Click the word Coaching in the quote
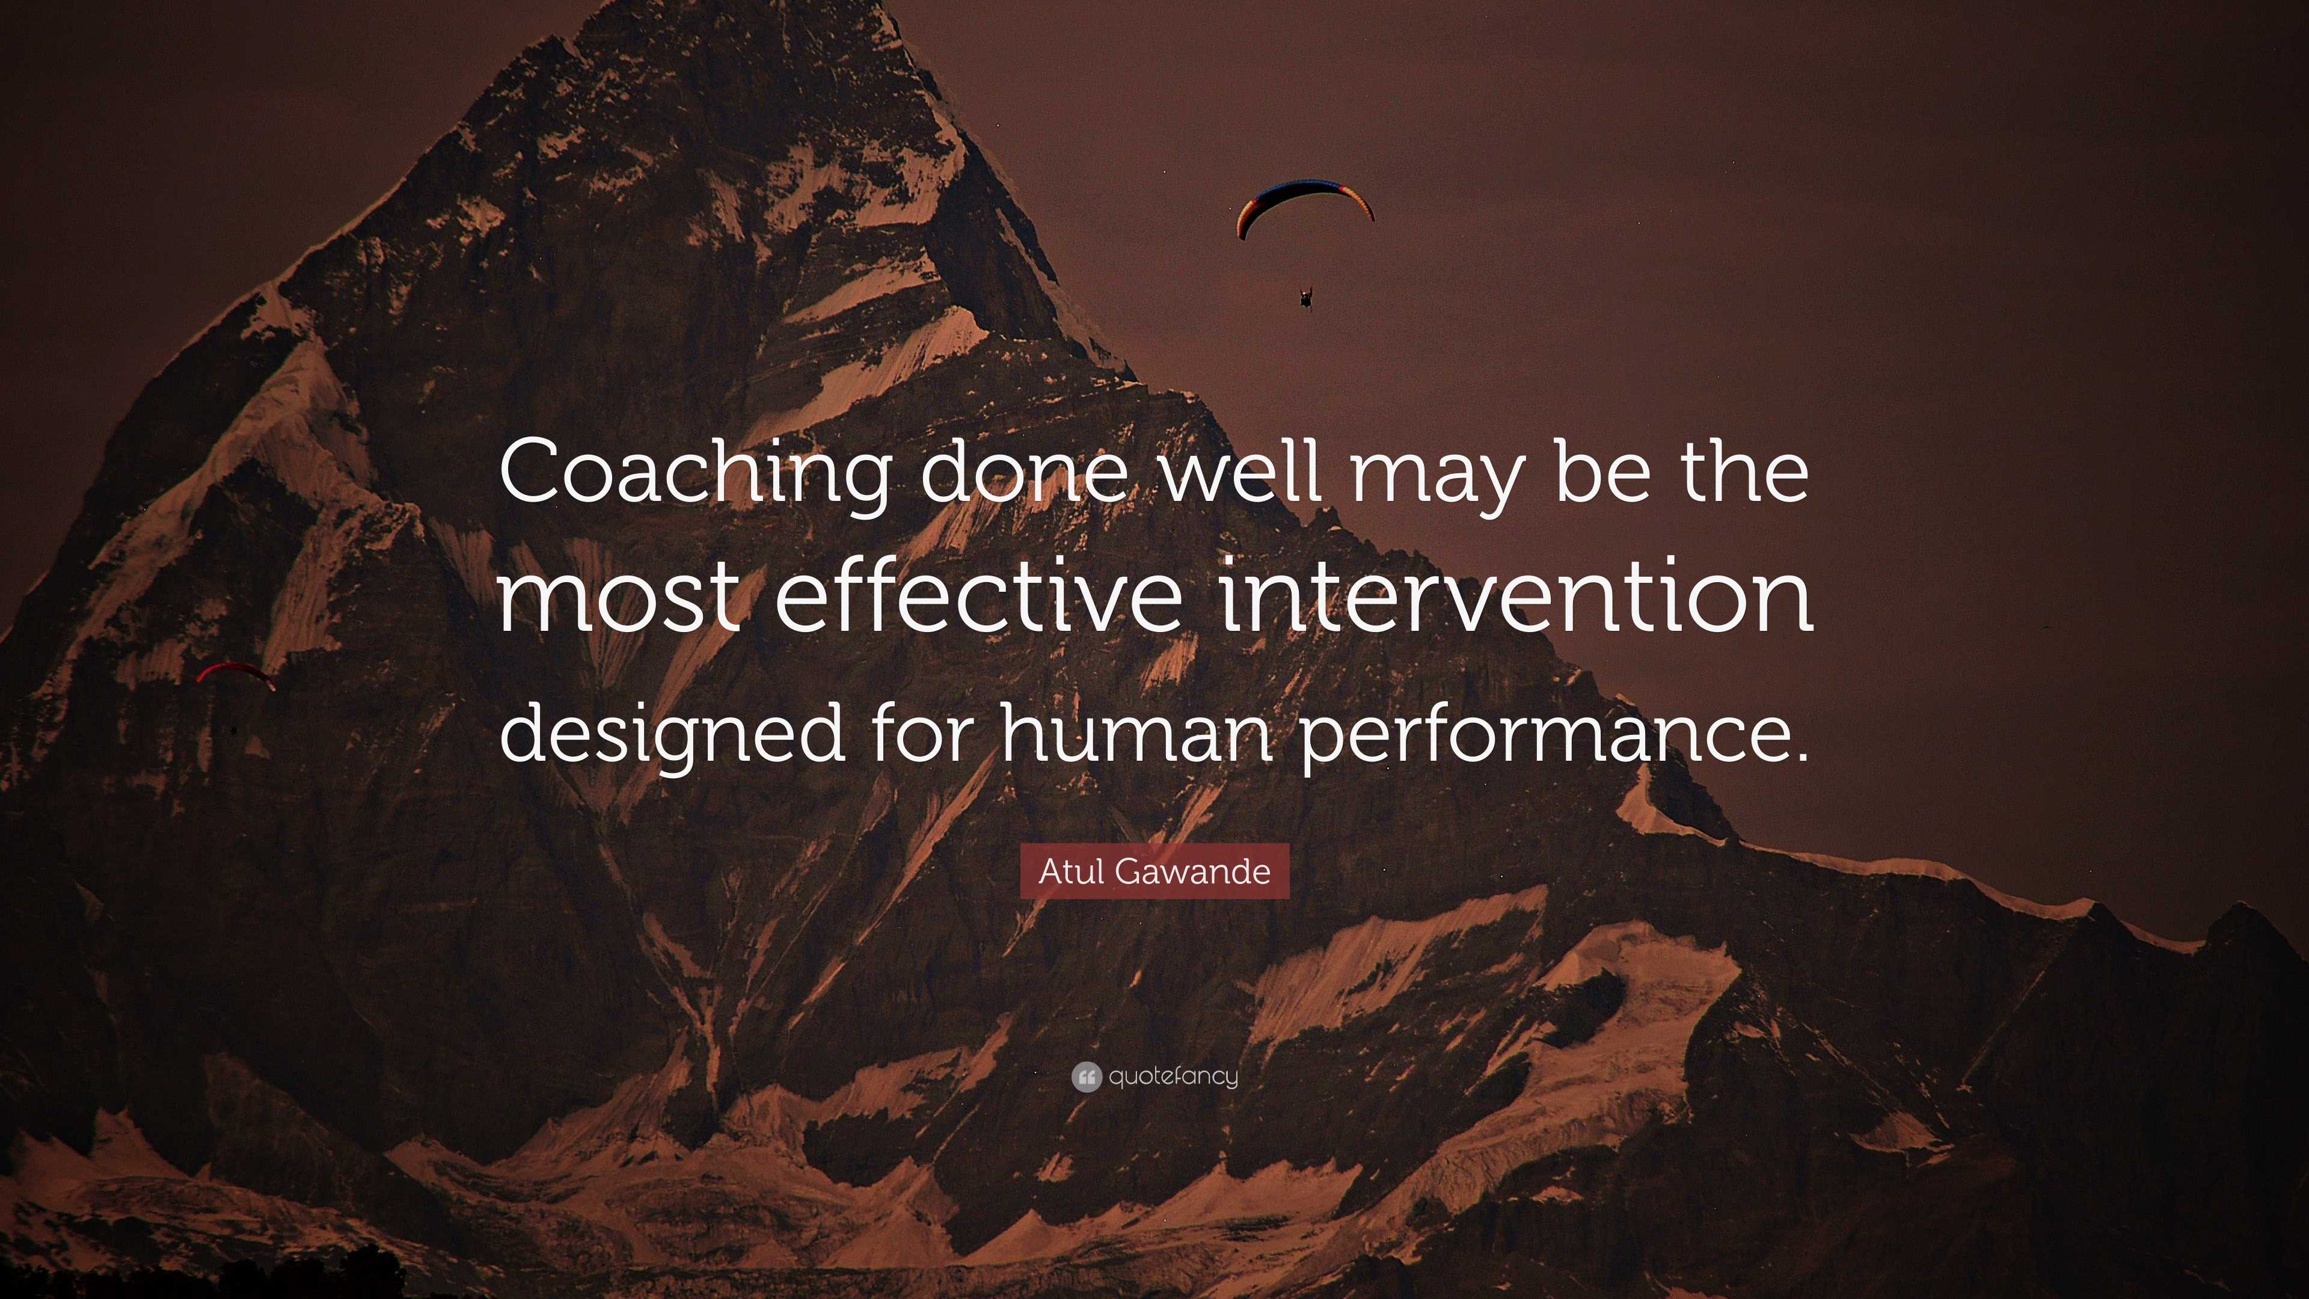695,475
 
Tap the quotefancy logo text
1173,1076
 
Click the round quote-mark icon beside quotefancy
1085,1076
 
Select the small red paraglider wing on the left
235,672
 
